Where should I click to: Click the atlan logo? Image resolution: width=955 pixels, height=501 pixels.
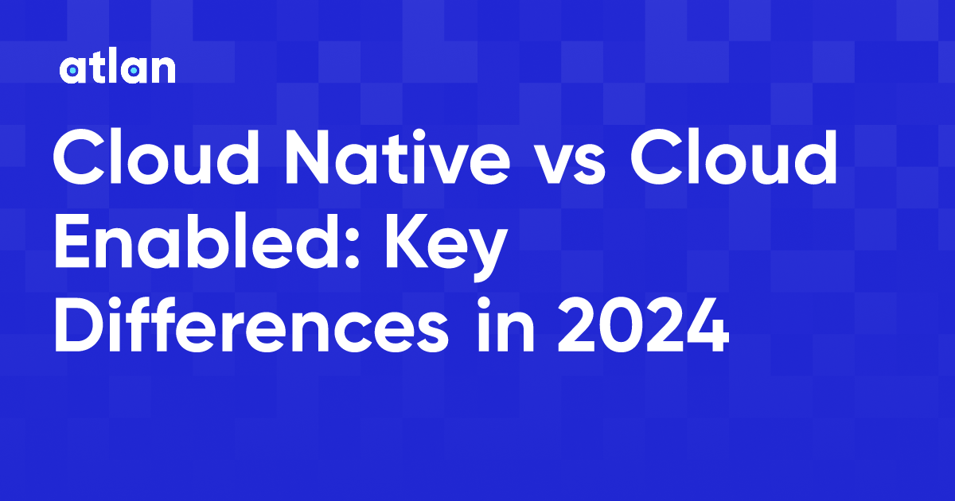[117, 68]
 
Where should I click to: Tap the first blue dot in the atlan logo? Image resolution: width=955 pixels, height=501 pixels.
[72, 70]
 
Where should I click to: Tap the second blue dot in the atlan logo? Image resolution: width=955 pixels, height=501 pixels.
[134, 70]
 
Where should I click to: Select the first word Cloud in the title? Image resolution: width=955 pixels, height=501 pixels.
[156, 157]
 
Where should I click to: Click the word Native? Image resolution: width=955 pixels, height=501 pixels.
[397, 157]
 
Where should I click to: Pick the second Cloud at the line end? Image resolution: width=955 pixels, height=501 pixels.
[733, 157]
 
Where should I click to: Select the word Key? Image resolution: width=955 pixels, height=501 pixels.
[446, 247]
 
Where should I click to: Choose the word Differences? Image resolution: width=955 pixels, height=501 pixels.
[251, 324]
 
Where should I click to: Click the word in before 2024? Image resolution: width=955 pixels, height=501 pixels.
[506, 324]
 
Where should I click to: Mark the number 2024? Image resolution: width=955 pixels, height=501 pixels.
[644, 325]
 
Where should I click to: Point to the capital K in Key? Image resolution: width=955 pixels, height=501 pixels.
[408, 241]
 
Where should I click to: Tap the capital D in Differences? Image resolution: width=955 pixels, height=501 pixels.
[80, 324]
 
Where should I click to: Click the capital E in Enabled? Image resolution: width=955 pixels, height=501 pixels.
[72, 241]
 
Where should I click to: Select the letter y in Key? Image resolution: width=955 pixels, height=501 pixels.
[486, 255]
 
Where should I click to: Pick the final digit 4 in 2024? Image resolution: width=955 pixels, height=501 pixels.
[707, 325]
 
